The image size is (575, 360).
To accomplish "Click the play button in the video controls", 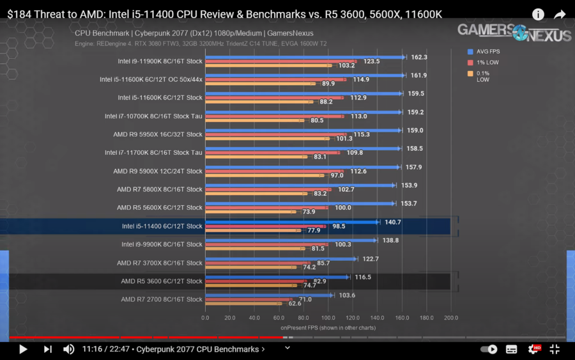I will [23, 349].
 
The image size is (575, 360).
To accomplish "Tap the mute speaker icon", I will [68, 349].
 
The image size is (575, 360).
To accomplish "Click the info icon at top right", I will [538, 14].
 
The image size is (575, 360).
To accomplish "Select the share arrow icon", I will [560, 14].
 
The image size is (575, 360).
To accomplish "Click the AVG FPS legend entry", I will [486, 51].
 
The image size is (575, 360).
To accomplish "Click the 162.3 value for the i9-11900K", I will [419, 57].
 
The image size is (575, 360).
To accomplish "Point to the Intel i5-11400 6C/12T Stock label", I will [162, 226].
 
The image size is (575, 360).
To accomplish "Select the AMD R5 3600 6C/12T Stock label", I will [162, 281].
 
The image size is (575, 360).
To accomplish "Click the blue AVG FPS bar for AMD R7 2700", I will [268, 295].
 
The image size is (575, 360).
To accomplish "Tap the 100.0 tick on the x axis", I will [328, 317].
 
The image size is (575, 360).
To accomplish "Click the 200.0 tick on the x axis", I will [451, 317].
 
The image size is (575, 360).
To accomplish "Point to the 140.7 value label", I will [392, 222].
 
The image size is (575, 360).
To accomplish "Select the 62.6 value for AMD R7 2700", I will [295, 304].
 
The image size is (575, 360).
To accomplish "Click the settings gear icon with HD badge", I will [533, 349].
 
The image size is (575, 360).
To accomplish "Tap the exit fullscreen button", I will [555, 349].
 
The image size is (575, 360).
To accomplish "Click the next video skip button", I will [47, 349].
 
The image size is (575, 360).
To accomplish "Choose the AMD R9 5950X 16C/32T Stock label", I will [158, 134].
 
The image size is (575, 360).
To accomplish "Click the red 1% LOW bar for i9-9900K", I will [265, 244].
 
